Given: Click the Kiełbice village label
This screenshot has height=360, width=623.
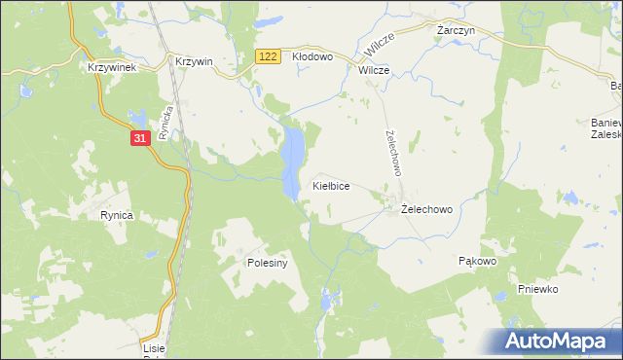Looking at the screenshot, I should [330, 185].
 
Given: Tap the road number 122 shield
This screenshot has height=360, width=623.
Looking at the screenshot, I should [270, 58].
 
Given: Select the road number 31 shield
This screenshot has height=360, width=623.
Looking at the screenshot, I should [139, 139].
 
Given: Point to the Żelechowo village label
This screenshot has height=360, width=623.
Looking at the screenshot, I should [425, 209].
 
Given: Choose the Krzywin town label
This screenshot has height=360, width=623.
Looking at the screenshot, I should [194, 60].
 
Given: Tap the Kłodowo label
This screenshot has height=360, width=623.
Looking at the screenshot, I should [312, 57].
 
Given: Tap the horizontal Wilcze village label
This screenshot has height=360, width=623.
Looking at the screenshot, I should [374, 71].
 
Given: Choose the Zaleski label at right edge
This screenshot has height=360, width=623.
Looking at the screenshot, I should [606, 137].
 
